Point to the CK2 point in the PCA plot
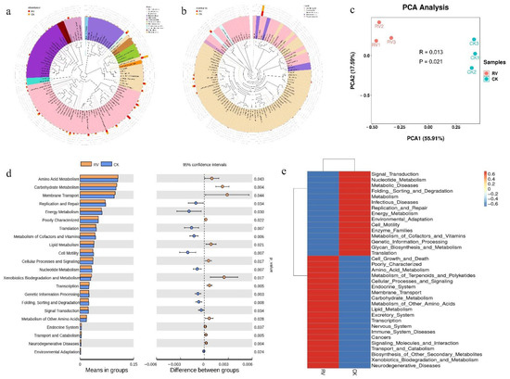[474, 83]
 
